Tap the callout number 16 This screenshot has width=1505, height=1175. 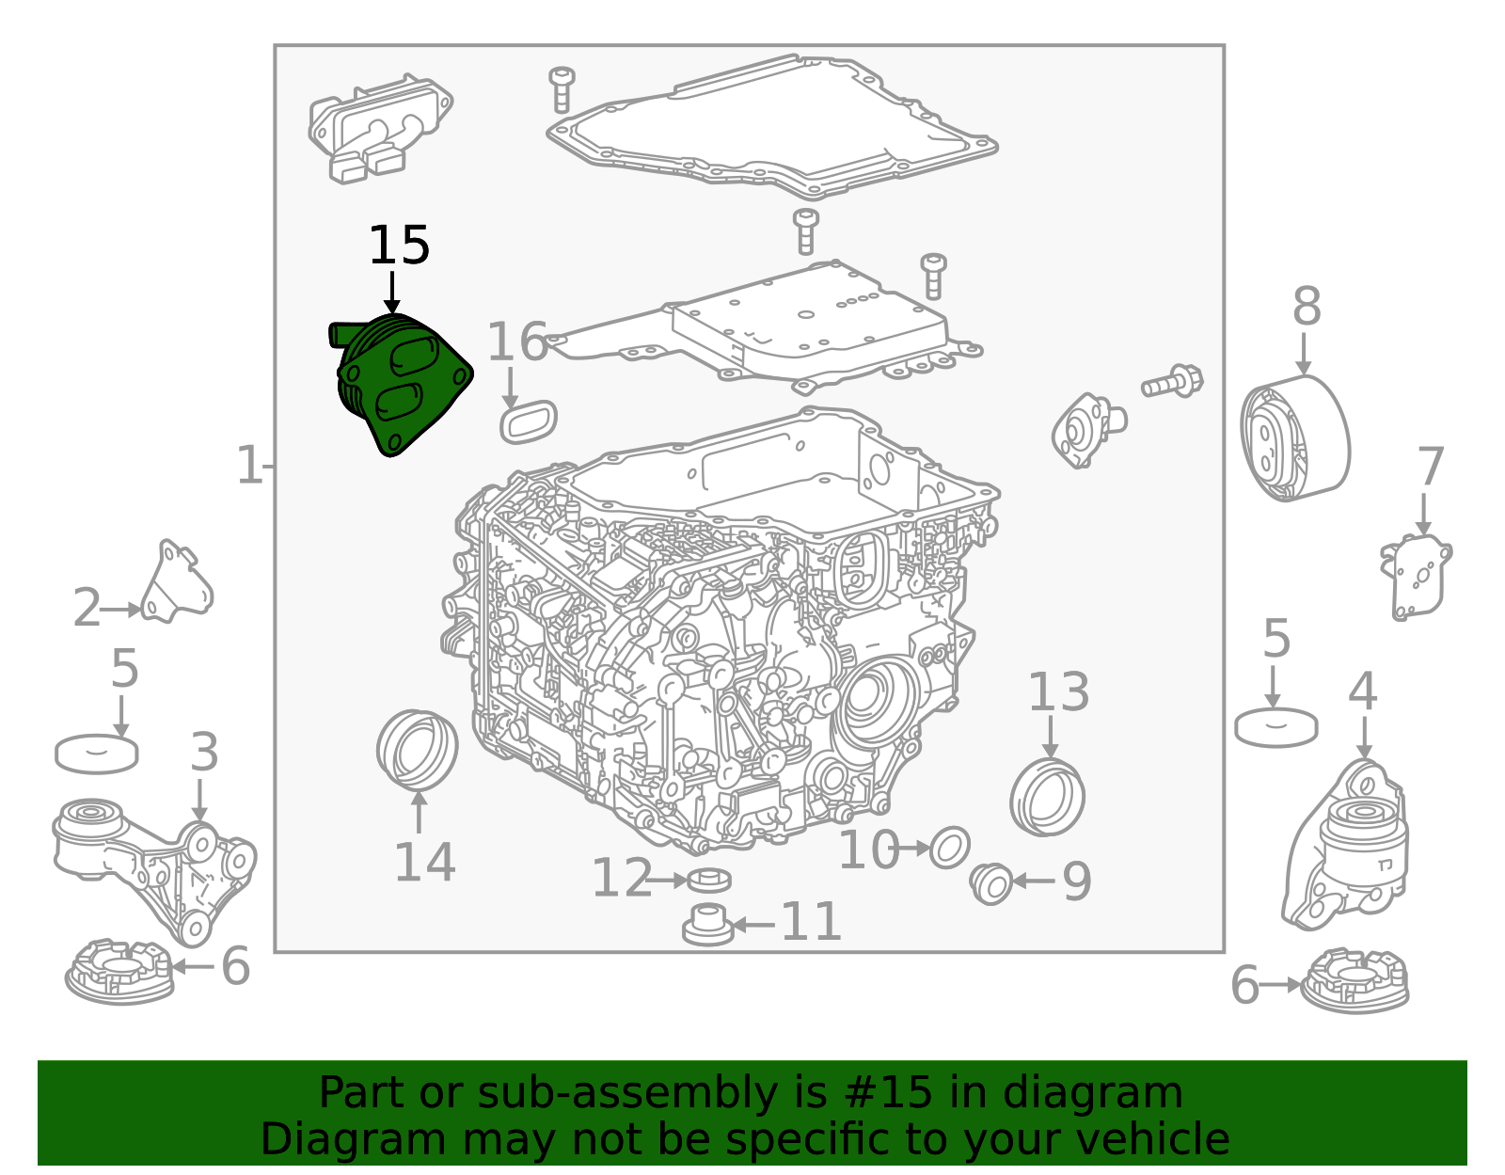[x=518, y=342]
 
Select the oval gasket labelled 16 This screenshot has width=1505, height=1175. [x=529, y=421]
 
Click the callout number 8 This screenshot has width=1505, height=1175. [x=1307, y=306]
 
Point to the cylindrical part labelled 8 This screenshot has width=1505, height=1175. [x=1294, y=437]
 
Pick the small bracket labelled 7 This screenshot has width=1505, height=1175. [x=1415, y=577]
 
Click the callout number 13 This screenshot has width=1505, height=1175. [x=1058, y=691]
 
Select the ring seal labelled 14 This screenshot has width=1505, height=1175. [x=417, y=750]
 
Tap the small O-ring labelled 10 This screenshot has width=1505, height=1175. [x=949, y=848]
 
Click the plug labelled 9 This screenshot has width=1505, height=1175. [x=990, y=883]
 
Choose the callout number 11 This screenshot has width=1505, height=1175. [x=810, y=922]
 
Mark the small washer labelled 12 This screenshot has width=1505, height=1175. [x=709, y=880]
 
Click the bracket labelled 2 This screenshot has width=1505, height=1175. [x=177, y=583]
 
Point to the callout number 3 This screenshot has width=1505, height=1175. [x=204, y=752]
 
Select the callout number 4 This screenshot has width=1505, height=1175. [x=1362, y=691]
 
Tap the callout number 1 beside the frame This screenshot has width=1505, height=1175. [x=248, y=466]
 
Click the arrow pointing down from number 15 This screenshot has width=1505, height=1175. [x=392, y=293]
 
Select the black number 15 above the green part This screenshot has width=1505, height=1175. [x=399, y=246]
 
